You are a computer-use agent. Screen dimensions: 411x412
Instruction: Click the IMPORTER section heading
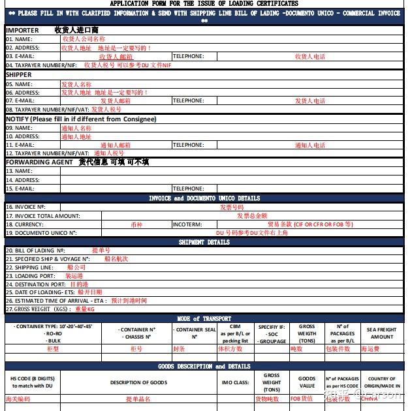tap(22, 30)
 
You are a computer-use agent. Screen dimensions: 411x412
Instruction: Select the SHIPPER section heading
tap(19, 75)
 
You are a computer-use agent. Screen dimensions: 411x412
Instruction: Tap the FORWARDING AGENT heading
tap(40, 162)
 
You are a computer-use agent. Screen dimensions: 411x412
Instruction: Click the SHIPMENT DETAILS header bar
tap(204, 242)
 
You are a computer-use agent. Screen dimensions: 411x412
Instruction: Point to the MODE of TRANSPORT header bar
tap(204, 319)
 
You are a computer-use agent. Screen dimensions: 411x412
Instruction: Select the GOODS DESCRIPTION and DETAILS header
tap(204, 367)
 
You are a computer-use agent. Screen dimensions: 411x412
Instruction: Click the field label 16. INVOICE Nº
tap(25, 207)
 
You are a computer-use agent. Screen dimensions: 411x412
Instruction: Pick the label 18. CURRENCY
tap(25, 224)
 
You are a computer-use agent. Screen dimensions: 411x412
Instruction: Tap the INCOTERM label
tap(187, 224)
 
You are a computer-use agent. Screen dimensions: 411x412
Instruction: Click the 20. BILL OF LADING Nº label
tap(36, 251)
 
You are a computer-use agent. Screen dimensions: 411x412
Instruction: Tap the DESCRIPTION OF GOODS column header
tap(138, 382)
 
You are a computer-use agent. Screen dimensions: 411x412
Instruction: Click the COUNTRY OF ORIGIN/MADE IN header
tap(382, 382)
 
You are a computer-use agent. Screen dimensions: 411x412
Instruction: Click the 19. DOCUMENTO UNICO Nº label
tap(41, 232)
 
